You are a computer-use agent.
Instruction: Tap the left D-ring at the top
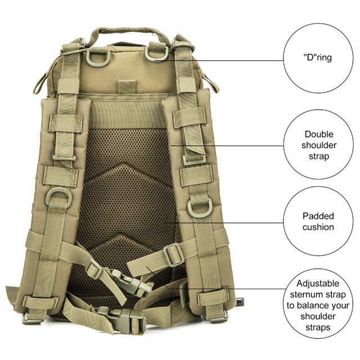[x=98, y=57]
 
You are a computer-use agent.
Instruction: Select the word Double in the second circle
[x=318, y=134]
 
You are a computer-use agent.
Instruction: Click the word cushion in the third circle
[x=317, y=227]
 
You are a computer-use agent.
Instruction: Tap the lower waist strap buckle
[x=115, y=316]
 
